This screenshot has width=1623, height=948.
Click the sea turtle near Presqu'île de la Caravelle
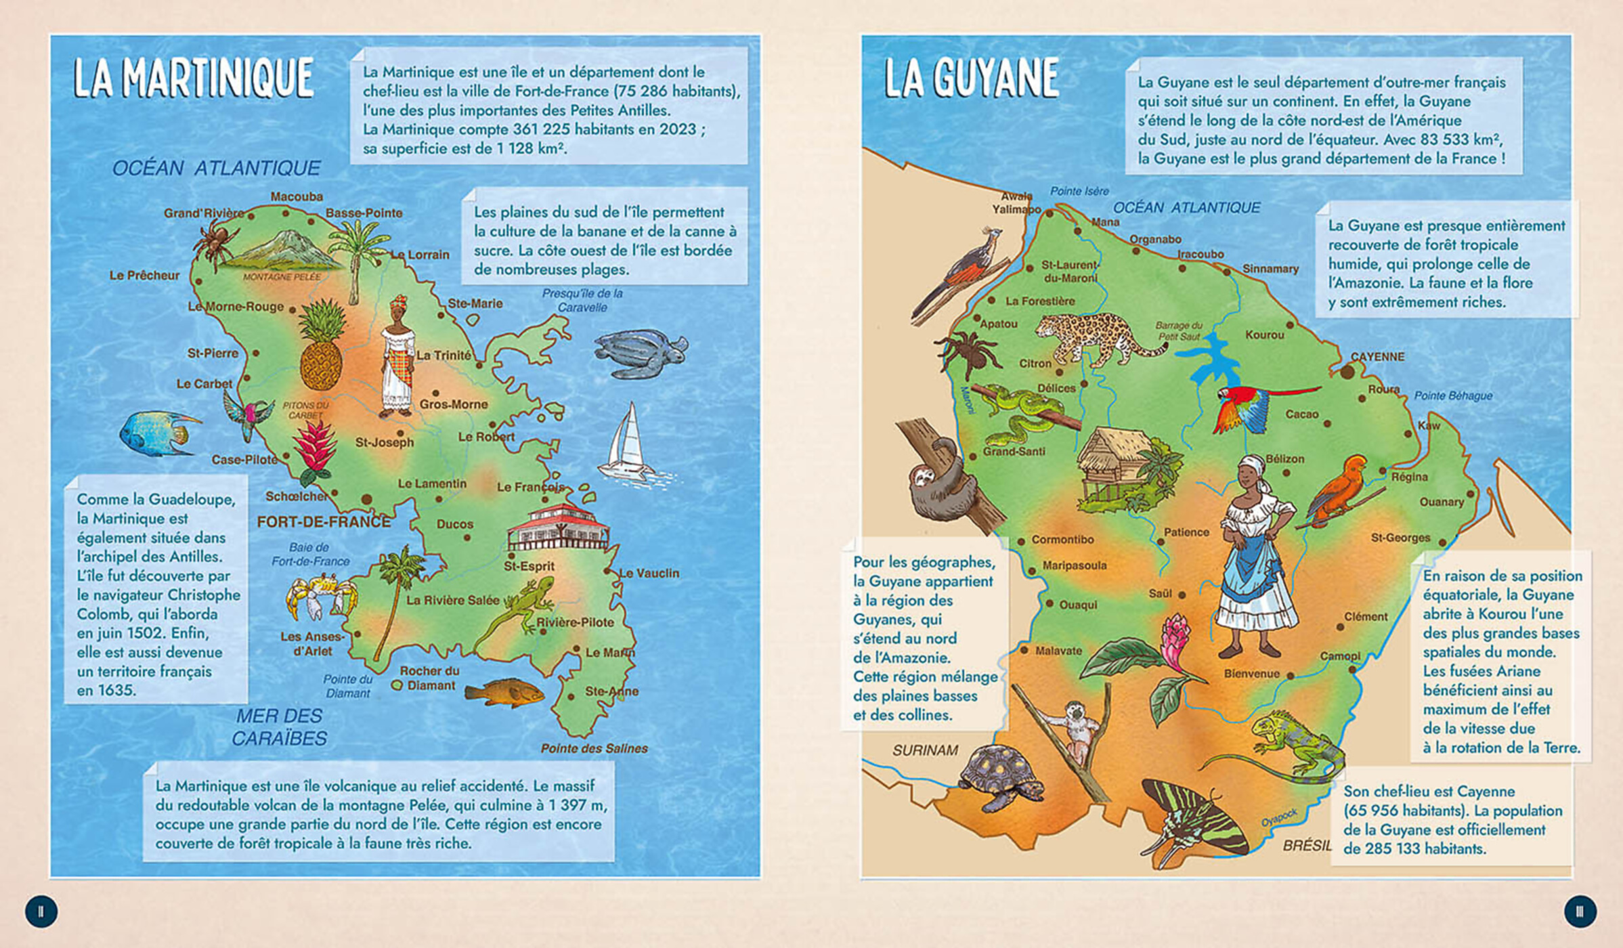click(x=639, y=353)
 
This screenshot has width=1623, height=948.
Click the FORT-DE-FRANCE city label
click(x=324, y=522)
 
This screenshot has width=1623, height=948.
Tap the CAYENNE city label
click(x=1377, y=357)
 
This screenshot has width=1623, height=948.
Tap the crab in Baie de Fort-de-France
click(x=320, y=595)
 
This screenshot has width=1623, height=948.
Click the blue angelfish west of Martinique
click(x=157, y=433)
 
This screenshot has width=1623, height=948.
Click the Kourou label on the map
click(x=1264, y=335)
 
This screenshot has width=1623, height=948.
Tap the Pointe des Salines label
click(x=594, y=748)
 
